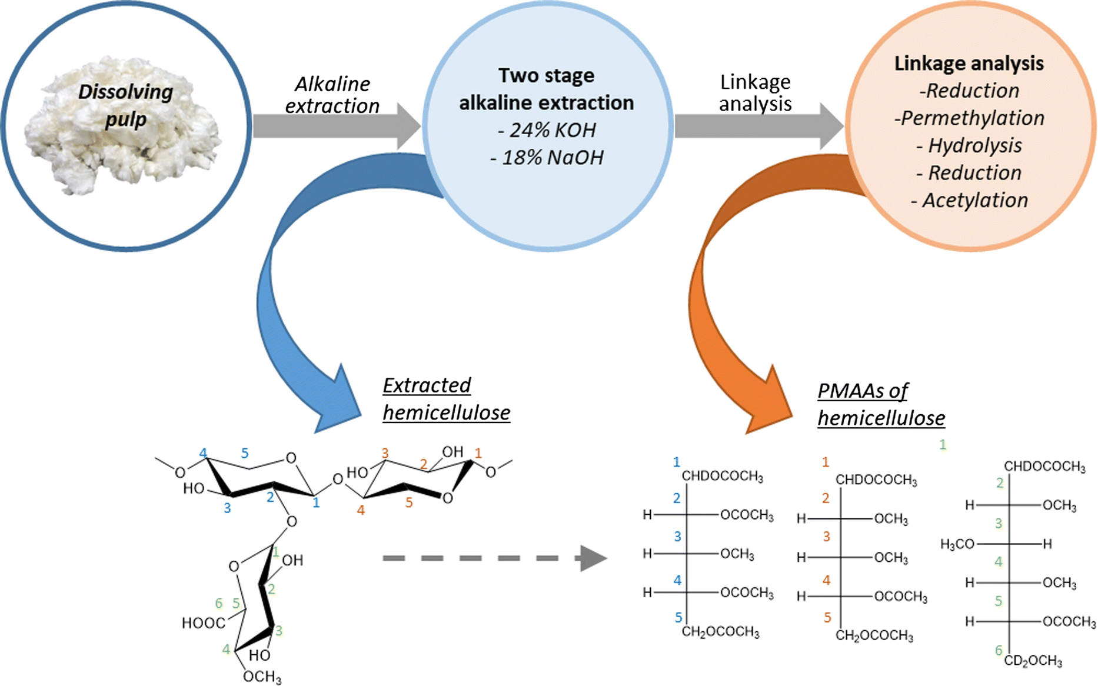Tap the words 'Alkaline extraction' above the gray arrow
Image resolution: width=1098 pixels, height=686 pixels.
(x=332, y=95)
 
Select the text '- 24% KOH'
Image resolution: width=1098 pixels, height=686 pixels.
(x=547, y=130)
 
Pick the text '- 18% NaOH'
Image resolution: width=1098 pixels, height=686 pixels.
(x=547, y=158)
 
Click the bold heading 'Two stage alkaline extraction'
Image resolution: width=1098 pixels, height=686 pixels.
(x=547, y=89)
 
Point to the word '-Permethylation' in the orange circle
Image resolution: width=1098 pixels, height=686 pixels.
(x=969, y=118)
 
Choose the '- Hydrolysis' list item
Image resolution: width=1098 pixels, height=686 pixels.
(x=969, y=145)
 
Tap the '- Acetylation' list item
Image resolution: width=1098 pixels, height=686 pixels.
(x=969, y=201)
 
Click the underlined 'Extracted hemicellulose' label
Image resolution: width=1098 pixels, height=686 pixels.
(x=446, y=399)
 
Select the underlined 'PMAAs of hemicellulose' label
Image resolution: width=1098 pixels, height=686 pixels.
(x=881, y=404)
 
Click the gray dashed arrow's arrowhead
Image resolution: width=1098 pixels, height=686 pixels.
(x=593, y=558)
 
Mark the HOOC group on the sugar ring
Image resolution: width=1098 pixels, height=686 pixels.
(x=202, y=623)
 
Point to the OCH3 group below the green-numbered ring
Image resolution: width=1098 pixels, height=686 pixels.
(x=262, y=677)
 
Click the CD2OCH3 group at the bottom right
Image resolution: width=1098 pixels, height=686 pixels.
(x=1033, y=661)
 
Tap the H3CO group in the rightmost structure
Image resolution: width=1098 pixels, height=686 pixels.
(x=957, y=544)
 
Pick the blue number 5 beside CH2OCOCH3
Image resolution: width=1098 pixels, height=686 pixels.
(x=678, y=617)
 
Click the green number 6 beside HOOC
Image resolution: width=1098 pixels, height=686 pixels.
(x=219, y=603)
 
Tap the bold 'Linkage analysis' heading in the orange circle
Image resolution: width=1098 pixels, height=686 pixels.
(x=969, y=64)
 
